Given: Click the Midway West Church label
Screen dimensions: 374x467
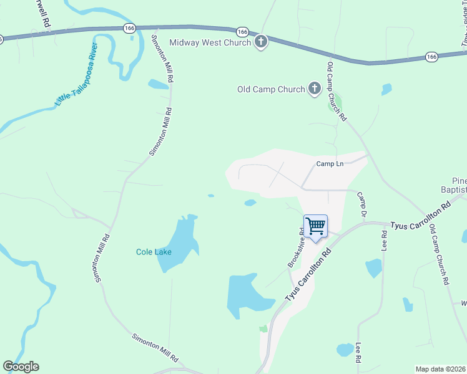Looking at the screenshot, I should pos(210,42).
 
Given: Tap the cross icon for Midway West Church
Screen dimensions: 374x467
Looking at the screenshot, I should pos(261,42).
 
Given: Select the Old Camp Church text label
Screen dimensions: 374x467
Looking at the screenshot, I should pos(271,89).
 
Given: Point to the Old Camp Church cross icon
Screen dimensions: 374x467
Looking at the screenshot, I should pos(314,89).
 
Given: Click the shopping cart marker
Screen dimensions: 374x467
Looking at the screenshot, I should pos(315,226).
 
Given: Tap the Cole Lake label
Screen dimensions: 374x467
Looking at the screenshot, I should pos(154,252).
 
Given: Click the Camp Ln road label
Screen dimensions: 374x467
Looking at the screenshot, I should pos(330,164).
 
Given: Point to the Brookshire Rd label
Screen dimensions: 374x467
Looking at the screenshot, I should pos(297,247).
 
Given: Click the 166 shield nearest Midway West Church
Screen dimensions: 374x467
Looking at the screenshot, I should pos(243,32).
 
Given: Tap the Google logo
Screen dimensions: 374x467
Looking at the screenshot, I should pos(21,367).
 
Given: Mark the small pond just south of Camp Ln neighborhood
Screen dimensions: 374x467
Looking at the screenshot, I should pos(250,203).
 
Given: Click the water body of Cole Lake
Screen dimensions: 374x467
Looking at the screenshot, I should pos(178,240).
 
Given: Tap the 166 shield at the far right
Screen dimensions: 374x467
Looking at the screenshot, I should pos(431,57).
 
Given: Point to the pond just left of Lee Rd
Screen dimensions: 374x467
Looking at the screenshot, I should pos(373,268).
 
